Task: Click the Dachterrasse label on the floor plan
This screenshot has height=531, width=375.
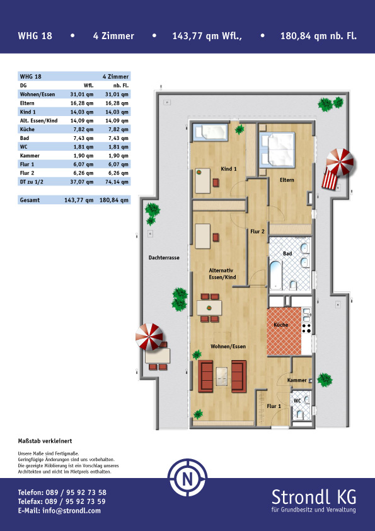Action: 164,258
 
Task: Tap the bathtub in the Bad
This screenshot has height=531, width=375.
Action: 276,275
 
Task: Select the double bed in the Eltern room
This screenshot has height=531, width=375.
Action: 277,149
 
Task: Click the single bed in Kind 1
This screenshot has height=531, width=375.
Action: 210,132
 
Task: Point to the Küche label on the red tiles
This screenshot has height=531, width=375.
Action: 281,325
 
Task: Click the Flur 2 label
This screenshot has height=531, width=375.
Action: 257,231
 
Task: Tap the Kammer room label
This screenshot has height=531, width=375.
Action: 297,380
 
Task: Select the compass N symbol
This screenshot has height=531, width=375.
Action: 188,478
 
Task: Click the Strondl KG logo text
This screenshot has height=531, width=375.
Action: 314,497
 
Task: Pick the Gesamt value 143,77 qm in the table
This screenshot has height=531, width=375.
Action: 79,200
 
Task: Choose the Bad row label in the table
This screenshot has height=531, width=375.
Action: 25,138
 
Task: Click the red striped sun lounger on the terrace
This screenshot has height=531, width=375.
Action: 330,180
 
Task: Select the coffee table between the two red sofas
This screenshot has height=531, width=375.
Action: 222,376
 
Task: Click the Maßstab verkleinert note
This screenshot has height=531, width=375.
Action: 45,441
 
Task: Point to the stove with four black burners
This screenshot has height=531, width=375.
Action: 307,328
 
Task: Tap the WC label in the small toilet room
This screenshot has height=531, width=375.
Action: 297,401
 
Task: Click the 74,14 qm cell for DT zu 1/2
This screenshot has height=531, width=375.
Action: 117,182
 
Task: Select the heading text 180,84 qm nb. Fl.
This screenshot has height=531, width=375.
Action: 318,36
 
